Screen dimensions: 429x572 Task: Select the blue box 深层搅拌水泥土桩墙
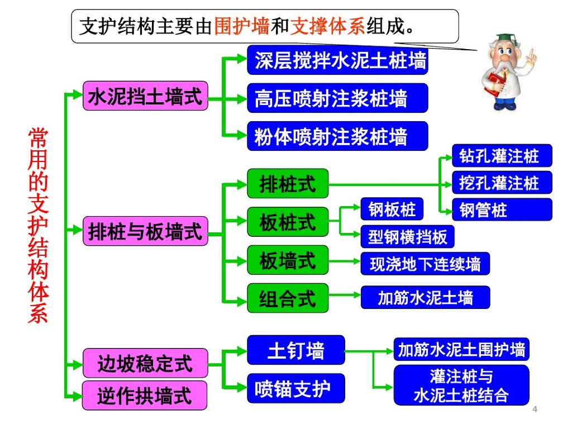point(337,60)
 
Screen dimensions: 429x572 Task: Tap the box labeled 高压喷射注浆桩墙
point(337,98)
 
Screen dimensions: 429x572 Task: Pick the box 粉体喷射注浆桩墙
point(337,136)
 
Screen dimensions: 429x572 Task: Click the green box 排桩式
point(288,183)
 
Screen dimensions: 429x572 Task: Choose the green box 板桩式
point(288,222)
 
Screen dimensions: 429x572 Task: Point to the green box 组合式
point(288,298)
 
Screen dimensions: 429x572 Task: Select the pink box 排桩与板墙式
point(145,231)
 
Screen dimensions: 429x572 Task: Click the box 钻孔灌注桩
point(502,156)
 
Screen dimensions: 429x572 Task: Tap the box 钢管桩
point(502,209)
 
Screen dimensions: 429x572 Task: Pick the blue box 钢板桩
point(392,209)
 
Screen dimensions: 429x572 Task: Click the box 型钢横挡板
point(407,237)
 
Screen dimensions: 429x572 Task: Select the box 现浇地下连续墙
point(425,263)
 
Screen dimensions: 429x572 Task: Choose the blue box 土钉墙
point(295,350)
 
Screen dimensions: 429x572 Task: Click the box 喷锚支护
point(295,388)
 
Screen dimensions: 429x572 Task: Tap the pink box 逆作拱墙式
point(145,395)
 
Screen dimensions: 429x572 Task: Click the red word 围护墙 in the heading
point(242,26)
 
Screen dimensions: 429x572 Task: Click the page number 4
point(535,411)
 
